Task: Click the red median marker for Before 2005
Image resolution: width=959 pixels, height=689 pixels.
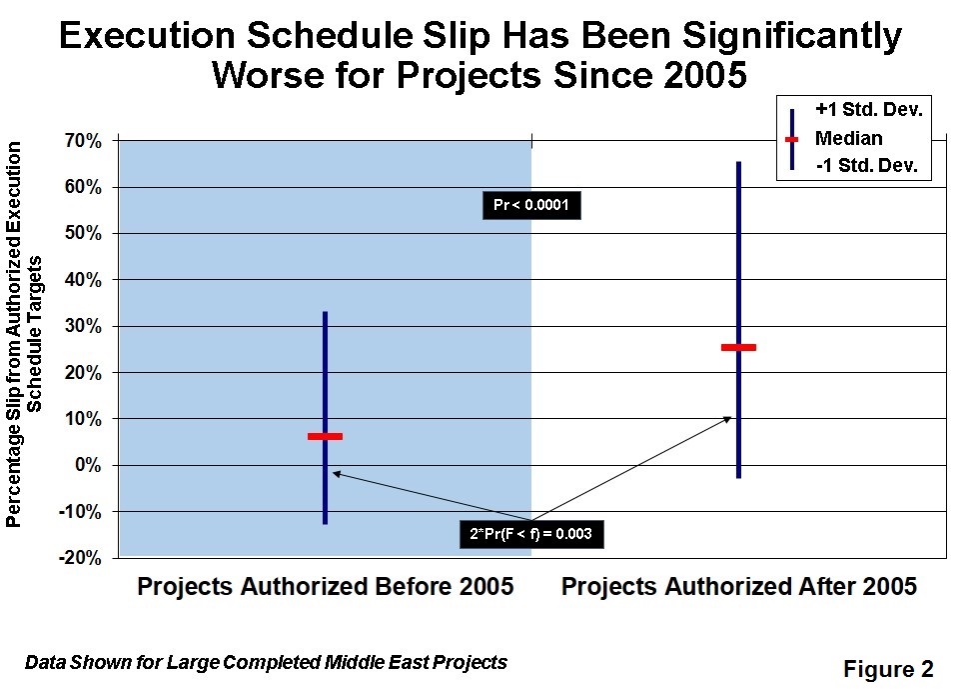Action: [x=325, y=436]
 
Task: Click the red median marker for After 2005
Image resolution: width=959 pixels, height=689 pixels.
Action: [x=739, y=347]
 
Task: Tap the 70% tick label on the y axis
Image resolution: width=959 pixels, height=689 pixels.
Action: [x=83, y=141]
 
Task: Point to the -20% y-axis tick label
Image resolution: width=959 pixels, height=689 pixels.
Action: [x=80, y=558]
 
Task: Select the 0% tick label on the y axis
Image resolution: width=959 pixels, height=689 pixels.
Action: [x=88, y=465]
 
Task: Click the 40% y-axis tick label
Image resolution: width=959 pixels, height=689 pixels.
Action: [x=83, y=280]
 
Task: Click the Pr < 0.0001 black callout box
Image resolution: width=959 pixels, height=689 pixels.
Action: [x=531, y=205]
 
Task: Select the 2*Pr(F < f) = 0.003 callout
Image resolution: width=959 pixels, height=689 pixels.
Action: [x=531, y=534]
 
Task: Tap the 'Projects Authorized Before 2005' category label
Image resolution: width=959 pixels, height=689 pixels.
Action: [x=326, y=586]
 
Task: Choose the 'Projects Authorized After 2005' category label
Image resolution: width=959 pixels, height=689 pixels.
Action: [x=739, y=586]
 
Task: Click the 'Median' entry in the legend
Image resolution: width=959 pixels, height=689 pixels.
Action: [x=849, y=138]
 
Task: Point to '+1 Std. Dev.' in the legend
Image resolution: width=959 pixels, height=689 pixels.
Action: [x=869, y=110]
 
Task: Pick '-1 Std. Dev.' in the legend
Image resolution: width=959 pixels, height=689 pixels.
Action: [x=867, y=165]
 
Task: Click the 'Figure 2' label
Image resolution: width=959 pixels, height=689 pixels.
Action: [x=888, y=669]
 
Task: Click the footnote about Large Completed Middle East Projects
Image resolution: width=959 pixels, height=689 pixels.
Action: [x=266, y=662]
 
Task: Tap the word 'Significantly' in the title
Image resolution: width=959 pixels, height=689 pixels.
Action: [x=792, y=37]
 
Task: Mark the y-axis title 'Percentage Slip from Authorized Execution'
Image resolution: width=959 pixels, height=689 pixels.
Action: [x=13, y=334]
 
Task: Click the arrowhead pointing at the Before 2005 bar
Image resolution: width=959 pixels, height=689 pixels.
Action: [x=337, y=473]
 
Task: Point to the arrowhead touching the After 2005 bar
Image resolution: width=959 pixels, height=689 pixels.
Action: [x=727, y=419]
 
